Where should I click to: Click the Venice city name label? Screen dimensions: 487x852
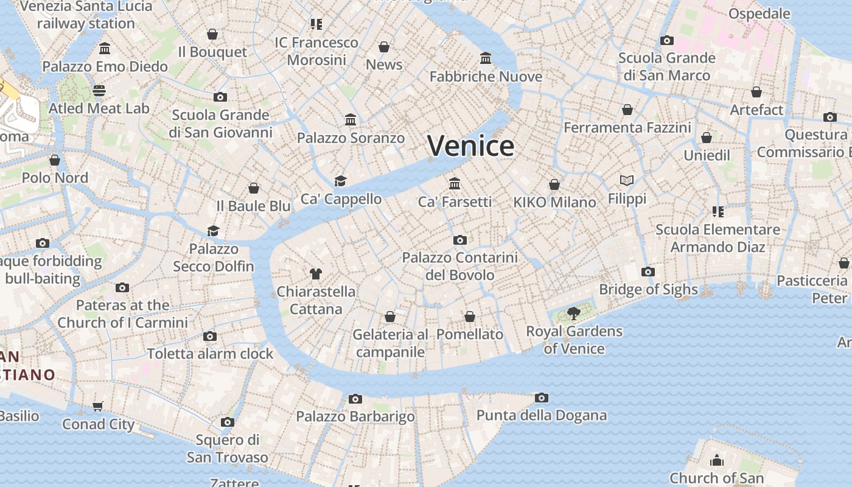470,146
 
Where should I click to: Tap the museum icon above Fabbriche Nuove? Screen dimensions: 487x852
486,58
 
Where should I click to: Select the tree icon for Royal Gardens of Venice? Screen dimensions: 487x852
573,314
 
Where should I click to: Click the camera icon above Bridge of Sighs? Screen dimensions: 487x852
648,272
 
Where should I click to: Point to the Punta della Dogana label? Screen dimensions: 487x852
541,416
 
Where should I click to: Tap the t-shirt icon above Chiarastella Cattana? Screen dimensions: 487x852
315,273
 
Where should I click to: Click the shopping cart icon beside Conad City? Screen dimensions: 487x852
98,406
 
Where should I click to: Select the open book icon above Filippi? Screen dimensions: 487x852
627,180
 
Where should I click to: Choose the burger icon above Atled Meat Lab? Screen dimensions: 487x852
99,91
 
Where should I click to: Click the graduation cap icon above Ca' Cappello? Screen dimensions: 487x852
341,181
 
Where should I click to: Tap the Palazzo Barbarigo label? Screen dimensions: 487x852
355,417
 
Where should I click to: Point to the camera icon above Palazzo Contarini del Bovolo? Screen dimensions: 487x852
460,240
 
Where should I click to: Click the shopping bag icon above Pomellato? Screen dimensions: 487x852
470,317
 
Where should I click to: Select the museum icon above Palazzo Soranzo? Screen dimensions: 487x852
351,119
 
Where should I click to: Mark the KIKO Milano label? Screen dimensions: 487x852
554,203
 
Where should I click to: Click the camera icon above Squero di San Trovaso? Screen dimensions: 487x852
228,422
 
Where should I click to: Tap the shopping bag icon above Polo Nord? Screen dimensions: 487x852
55,160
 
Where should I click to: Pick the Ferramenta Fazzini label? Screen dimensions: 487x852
627,128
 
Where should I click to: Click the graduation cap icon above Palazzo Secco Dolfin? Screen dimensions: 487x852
213,231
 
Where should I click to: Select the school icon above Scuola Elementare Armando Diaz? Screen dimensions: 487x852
718,212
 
